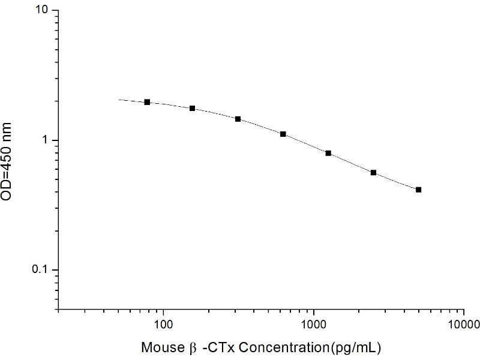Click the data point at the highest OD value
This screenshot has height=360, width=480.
[147, 102]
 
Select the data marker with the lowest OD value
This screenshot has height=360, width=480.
[418, 190]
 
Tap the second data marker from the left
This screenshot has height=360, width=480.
[192, 109]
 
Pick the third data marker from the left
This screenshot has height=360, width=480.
[238, 119]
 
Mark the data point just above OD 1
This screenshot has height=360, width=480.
[283, 134]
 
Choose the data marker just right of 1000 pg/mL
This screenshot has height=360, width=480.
[328, 153]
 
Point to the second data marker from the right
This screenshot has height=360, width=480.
[373, 173]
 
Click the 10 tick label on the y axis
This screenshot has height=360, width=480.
[42, 10]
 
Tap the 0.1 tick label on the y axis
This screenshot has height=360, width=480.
[41, 269]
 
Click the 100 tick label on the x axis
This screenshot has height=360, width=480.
[163, 325]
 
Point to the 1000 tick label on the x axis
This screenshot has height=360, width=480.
[313, 325]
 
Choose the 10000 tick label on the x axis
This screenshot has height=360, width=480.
[463, 325]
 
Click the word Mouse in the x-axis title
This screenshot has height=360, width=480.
[161, 347]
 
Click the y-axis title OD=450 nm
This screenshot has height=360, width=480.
[6, 161]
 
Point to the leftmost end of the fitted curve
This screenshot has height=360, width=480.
[119, 100]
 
